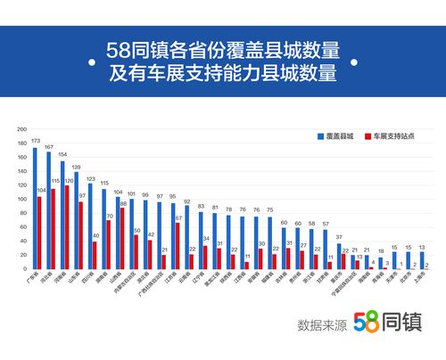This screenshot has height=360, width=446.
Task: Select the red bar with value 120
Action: click(x=67, y=226)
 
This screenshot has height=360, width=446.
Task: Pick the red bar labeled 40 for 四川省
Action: click(x=95, y=254)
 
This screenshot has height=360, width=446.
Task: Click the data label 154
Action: click(x=62, y=153)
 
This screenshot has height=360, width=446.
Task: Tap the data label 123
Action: click(x=90, y=179)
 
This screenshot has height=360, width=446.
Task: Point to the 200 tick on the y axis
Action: click(x=21, y=129)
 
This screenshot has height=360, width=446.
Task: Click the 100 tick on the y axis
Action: click(x=21, y=199)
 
